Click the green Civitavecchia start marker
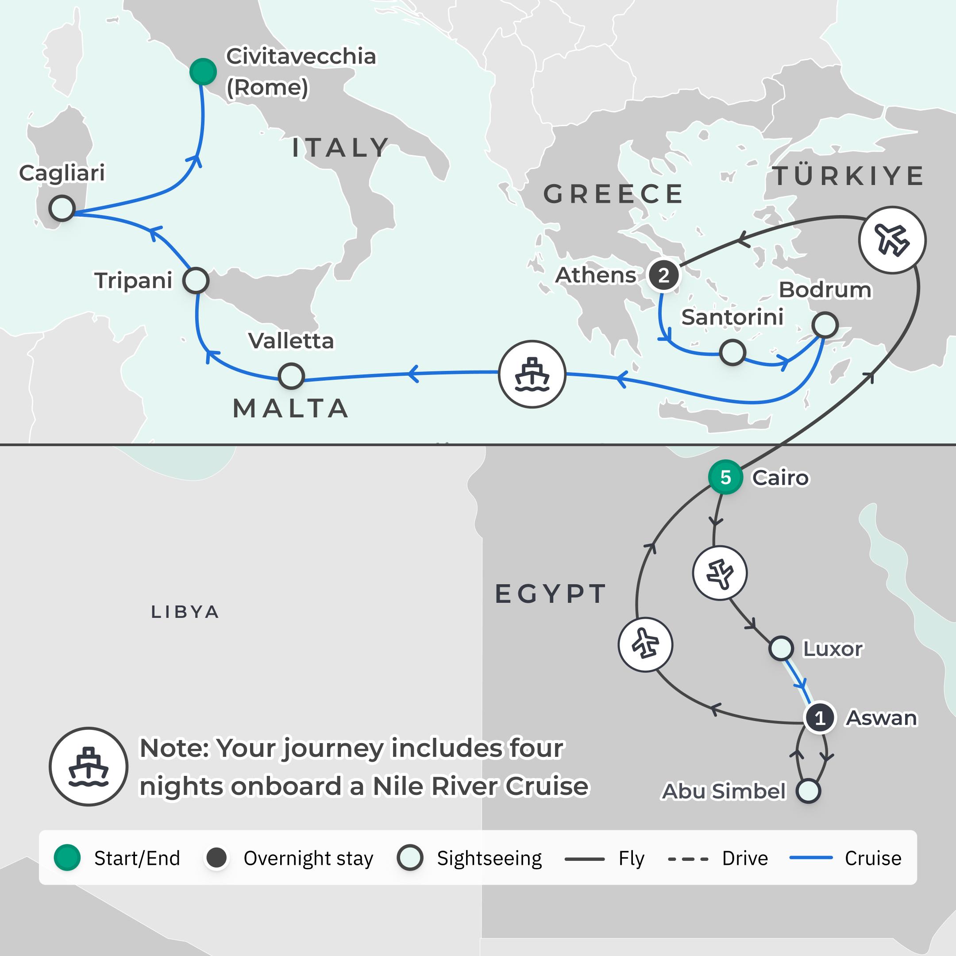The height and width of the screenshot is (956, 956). coord(203,72)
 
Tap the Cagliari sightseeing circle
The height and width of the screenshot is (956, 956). coord(62,208)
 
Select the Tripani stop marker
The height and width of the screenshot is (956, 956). coord(196,281)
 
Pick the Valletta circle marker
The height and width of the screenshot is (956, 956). coord(291,376)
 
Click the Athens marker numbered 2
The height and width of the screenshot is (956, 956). coord(663,274)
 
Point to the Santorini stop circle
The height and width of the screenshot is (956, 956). coord(732,352)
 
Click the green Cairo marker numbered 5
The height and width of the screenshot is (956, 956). coord(725,478)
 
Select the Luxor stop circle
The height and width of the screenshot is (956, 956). coord(781,648)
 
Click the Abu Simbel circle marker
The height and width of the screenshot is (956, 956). coord(808,791)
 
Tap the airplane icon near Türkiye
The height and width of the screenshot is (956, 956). coord(892,240)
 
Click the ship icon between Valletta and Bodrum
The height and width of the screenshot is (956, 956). coord(532,374)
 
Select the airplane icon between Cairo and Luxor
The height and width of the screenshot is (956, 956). coord(720,573)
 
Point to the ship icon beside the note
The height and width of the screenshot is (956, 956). coord(89,767)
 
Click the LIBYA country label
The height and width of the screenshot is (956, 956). coord(185,612)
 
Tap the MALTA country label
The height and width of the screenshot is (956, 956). coord(291,409)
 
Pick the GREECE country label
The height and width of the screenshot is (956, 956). coord(613,193)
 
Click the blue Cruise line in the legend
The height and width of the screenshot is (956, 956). coord(810,858)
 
